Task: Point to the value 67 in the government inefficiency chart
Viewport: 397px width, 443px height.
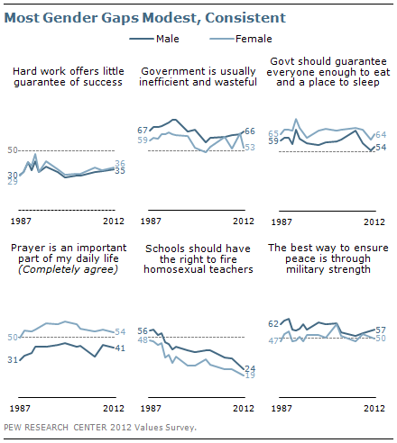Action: (x=143, y=130)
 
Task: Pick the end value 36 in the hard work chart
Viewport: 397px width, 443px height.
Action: (x=119, y=162)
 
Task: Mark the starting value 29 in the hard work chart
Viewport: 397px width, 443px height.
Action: (x=12, y=182)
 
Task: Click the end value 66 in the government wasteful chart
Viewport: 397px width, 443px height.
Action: (x=250, y=131)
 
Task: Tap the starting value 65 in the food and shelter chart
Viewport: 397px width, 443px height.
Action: (x=273, y=132)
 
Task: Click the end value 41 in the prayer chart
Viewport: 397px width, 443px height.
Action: (x=119, y=348)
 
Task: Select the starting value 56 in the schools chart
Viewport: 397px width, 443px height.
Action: (x=143, y=331)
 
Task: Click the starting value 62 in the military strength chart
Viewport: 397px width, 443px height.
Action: (x=273, y=323)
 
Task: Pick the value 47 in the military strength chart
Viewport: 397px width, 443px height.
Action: (x=273, y=340)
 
